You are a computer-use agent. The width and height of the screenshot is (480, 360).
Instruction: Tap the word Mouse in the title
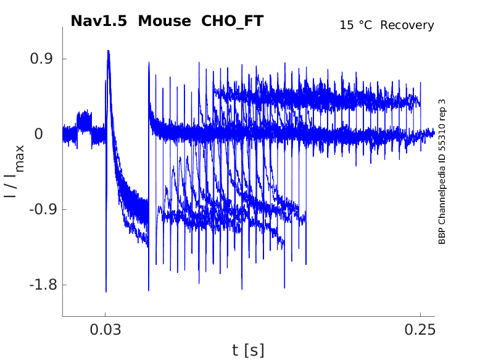(165, 21)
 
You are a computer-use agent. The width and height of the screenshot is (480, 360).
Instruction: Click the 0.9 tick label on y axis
(41, 59)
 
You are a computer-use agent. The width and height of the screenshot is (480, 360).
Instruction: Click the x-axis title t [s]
(248, 350)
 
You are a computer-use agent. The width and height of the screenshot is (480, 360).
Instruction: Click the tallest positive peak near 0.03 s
(108, 52)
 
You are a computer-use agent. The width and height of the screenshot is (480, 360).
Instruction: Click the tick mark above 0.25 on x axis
(420, 315)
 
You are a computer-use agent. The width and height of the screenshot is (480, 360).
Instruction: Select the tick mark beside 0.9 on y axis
(64, 59)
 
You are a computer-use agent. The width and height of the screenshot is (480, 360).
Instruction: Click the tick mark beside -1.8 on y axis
(64, 285)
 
